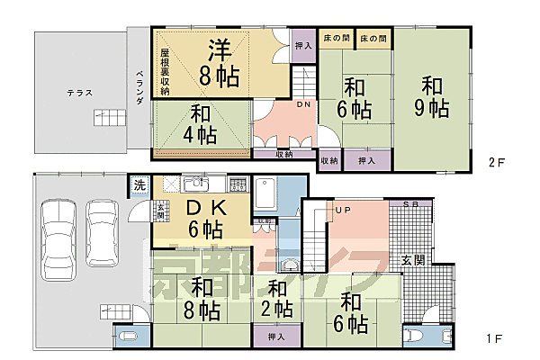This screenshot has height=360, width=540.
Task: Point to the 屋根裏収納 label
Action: [x=166, y=71]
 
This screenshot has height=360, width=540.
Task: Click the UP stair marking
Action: [x=342, y=211]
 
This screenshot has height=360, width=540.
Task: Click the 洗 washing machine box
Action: [x=139, y=184]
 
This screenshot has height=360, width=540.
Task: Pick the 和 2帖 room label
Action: [x=277, y=300]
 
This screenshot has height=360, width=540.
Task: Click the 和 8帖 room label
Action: [x=203, y=300]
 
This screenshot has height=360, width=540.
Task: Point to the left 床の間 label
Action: [x=334, y=39]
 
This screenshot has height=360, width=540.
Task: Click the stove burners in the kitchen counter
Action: [x=237, y=184]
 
